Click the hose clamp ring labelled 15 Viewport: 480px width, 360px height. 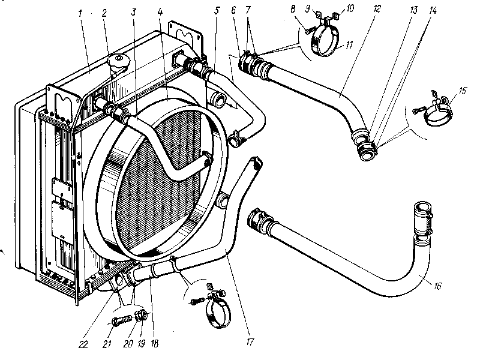(x=434, y=114)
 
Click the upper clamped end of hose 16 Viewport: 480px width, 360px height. (x=422, y=216)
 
